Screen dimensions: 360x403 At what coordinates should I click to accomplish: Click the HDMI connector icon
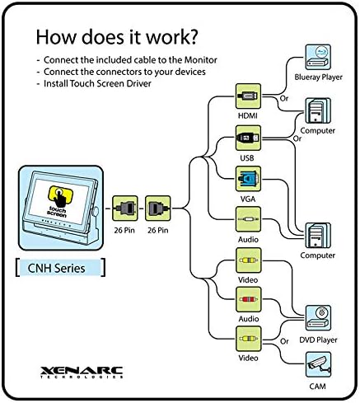248,96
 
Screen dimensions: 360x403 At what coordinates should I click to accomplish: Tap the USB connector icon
248,138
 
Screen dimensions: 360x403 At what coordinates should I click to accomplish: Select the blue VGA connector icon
248,179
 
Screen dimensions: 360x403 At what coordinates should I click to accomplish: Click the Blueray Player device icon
318,57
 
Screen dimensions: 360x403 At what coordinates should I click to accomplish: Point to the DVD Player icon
318,318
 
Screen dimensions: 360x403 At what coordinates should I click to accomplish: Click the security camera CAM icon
318,364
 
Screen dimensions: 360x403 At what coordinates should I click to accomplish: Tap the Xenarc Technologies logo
82,373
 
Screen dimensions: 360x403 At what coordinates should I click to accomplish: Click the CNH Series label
57,268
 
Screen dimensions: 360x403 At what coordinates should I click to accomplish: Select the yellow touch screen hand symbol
60,196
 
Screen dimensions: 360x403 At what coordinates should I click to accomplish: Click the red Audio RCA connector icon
248,300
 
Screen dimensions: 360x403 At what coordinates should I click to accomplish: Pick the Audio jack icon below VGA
248,219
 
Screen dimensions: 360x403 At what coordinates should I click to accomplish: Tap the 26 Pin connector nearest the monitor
125,208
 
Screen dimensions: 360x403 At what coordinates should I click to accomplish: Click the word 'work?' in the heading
171,37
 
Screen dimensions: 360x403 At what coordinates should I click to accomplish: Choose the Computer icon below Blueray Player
318,110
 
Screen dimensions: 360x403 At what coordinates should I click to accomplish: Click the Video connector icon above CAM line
248,339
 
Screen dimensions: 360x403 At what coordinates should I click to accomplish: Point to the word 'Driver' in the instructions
138,83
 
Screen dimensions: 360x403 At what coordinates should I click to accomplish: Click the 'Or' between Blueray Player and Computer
284,98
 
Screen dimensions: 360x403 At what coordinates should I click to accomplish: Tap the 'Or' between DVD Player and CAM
284,341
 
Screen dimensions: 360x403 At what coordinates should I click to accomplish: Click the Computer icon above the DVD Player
318,236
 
